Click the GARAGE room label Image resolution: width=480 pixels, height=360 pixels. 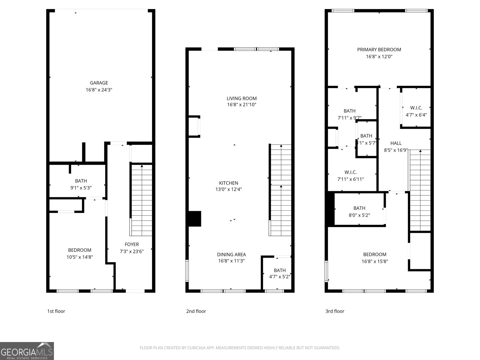tap(99, 83)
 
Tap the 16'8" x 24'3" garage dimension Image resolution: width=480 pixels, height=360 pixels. tap(99, 90)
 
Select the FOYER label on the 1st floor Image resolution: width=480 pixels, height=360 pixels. tap(132, 244)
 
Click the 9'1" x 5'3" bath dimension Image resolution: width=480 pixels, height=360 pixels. tap(81, 188)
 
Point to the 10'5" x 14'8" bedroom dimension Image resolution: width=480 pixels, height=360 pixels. tap(79, 257)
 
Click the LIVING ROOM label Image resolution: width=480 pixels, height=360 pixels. tap(241, 98)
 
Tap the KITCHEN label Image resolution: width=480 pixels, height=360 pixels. tap(229, 183)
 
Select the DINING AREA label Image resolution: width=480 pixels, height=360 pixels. tap(231, 254)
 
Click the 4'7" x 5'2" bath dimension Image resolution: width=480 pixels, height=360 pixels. tap(279, 277)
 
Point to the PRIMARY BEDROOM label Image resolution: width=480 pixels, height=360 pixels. tap(379, 49)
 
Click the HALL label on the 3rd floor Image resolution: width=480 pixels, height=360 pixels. tap(396, 143)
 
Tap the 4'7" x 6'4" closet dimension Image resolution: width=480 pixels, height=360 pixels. tap(416, 115)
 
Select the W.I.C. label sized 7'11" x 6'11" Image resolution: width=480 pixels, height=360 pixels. tap(350, 172)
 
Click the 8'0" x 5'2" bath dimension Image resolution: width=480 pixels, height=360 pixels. tap(359, 215)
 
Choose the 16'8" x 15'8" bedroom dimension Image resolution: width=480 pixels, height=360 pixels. tap(375, 261)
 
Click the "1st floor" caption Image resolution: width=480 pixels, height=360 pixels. tap(56, 311)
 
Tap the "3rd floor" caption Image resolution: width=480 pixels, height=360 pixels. tap(335, 311)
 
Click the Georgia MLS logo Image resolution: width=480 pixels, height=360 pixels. tap(27, 351)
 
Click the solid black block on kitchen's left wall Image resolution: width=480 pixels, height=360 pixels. tap(194, 219)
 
